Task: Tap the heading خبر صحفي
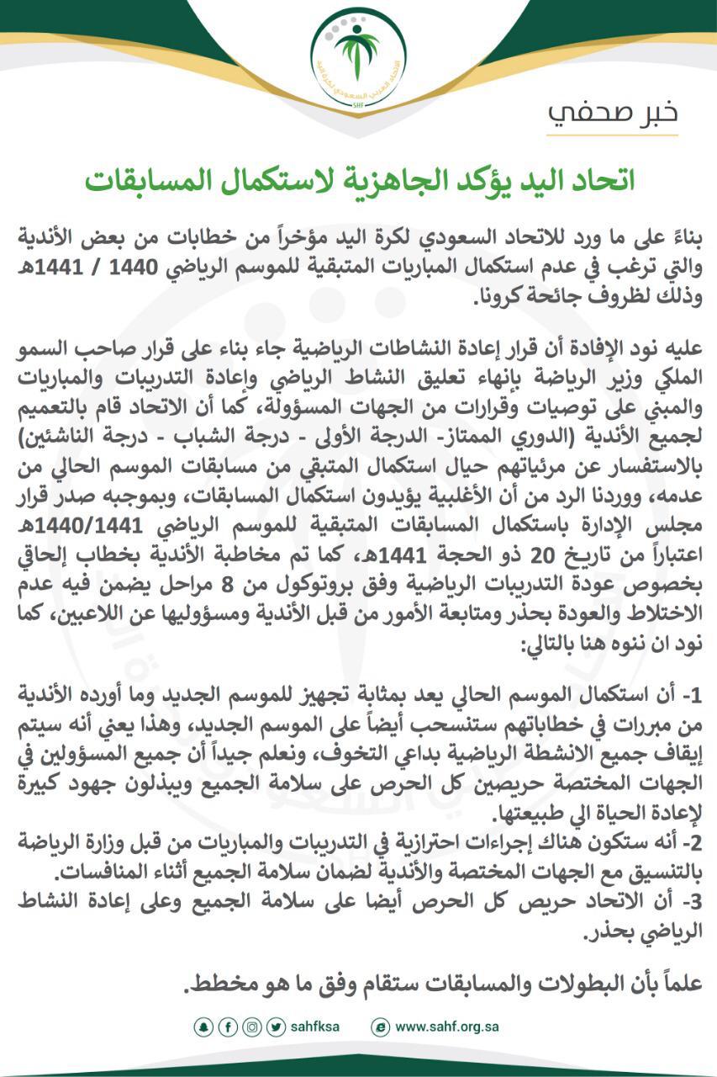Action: pos(613,113)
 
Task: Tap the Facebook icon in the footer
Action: pos(227,1027)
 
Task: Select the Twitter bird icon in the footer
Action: pos(276,1027)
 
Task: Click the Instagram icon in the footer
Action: pos(251,1027)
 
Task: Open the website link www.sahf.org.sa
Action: pos(446,1027)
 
